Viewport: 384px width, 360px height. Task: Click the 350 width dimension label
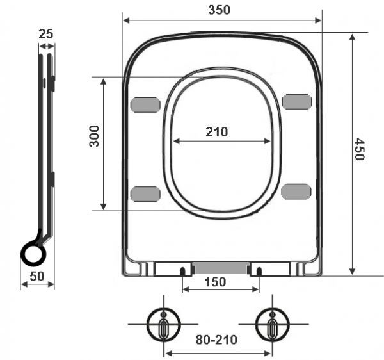coord(219,10)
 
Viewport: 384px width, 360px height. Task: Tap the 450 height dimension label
coord(360,149)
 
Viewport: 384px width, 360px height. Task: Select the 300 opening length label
coord(94,136)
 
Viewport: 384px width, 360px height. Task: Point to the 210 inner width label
coord(217,132)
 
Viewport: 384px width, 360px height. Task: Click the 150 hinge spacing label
coord(215,282)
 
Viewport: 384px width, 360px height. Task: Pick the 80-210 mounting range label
coord(216,340)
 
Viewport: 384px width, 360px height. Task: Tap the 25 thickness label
coord(46,34)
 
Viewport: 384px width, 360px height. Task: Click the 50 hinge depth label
coord(37,277)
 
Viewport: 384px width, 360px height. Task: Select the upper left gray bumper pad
coord(145,105)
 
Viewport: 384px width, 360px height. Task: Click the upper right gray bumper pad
coord(297,101)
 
